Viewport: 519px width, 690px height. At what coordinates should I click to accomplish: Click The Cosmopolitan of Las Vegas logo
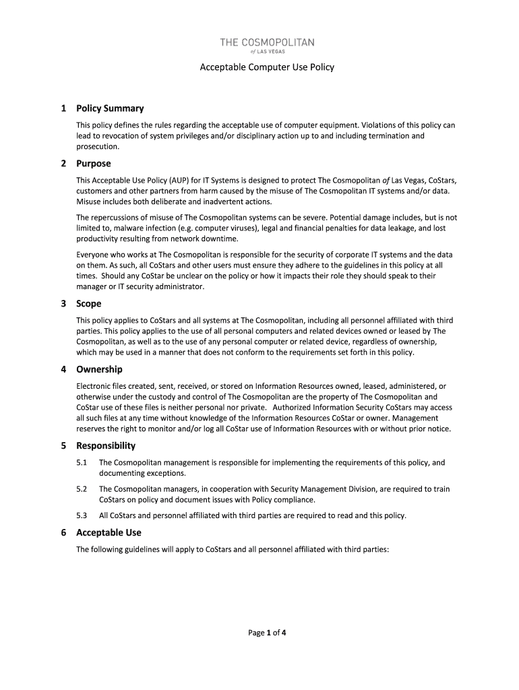pos(267,47)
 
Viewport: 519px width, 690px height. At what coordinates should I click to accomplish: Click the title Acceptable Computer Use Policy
pos(267,67)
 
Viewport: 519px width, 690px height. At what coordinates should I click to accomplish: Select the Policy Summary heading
pos(110,108)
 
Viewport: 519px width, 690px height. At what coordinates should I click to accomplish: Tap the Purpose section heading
pos(93,164)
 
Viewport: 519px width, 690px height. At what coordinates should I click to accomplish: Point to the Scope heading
pos(88,304)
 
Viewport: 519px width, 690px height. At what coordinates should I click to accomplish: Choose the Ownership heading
pos(99,370)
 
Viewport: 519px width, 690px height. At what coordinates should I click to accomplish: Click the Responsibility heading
pos(106,446)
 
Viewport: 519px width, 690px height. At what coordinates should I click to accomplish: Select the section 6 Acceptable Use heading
pos(109,533)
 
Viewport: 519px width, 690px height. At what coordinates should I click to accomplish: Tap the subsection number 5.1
pos(82,463)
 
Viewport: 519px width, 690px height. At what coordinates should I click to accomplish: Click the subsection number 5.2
pos(82,489)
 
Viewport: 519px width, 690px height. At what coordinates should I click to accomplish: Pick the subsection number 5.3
pos(82,515)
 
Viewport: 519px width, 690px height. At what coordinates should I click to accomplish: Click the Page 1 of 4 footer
pos(267,633)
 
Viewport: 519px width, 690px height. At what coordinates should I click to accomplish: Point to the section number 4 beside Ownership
pos(63,370)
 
